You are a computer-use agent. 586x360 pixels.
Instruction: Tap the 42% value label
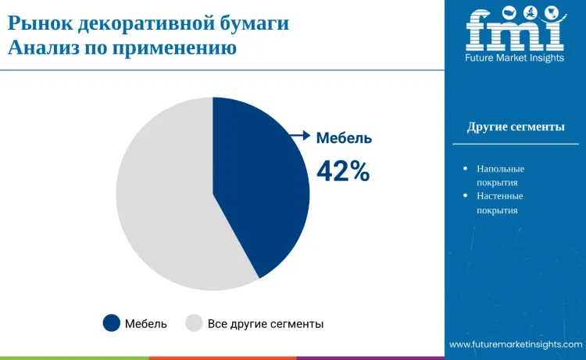[343, 171]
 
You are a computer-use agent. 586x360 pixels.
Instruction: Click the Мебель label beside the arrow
[344, 138]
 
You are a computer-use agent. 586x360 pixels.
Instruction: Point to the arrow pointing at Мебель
[300, 136]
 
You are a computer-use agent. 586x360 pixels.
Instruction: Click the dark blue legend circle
[112, 323]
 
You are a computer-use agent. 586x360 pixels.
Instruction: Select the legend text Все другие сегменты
[266, 323]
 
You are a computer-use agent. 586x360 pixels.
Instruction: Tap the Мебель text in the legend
[146, 323]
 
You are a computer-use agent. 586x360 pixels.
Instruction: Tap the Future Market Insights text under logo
[515, 58]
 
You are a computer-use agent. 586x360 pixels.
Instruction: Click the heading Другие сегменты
[516, 127]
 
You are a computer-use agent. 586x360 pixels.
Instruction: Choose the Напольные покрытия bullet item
[500, 176]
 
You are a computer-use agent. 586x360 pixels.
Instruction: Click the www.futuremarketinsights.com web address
[516, 344]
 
